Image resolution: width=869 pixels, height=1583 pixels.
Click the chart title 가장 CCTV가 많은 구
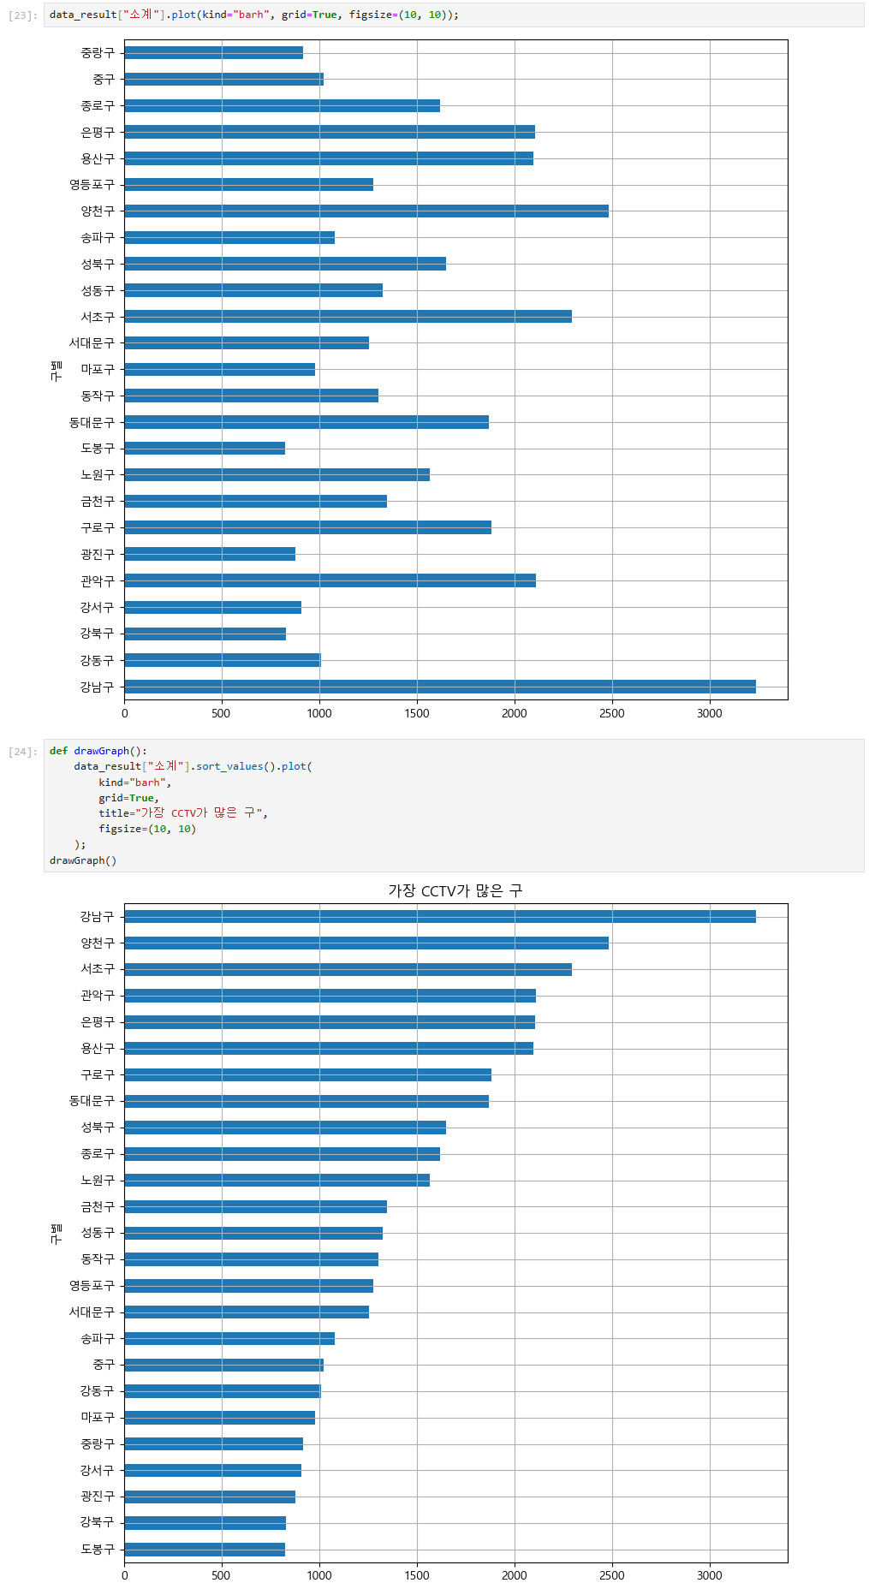point(455,890)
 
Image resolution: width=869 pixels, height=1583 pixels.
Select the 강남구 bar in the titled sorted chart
point(439,917)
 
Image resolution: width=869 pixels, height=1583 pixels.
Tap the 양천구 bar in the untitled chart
point(366,211)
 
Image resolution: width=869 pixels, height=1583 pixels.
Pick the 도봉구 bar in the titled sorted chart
point(205,1550)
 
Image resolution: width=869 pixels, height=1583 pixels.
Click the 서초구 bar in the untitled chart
point(348,317)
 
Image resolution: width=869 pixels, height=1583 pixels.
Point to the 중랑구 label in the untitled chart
point(97,53)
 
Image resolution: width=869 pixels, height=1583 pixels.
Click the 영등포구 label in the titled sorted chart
point(91,1286)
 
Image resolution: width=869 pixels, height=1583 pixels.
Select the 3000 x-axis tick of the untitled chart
point(709,713)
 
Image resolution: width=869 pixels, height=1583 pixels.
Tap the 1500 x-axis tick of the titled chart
point(417,1575)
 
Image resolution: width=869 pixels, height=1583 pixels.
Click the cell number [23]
point(23,15)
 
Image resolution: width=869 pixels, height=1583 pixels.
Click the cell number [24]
point(23,752)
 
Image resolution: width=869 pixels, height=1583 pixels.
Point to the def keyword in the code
point(58,751)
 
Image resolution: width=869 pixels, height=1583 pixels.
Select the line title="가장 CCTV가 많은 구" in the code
point(182,813)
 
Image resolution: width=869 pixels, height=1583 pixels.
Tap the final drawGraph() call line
point(83,860)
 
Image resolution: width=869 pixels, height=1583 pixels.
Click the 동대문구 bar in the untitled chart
point(307,422)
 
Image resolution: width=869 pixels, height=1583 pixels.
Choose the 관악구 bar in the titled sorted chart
point(330,996)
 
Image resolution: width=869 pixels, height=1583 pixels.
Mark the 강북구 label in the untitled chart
point(97,634)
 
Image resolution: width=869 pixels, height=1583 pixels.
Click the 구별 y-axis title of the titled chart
point(57,1233)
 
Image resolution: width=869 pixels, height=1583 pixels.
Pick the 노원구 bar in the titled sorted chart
point(277,1181)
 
